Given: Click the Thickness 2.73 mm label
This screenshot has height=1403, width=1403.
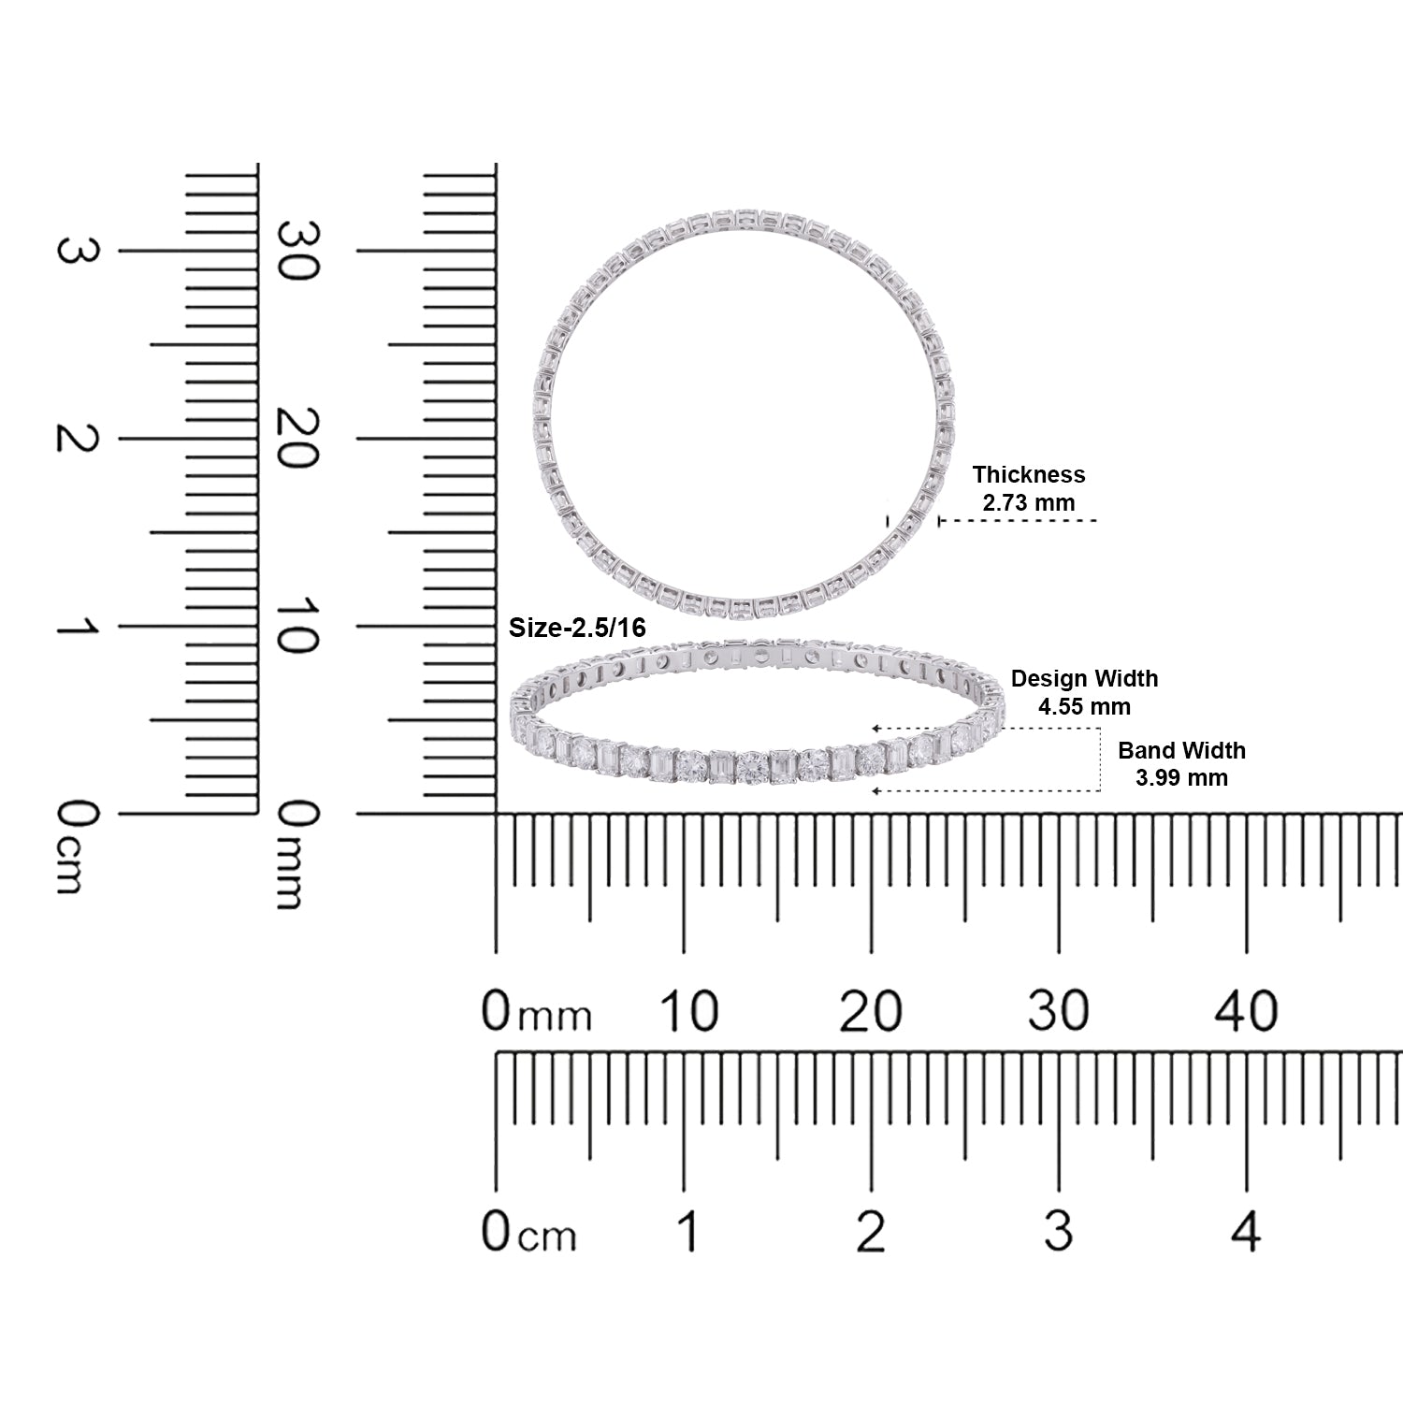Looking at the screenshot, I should (x=1028, y=488).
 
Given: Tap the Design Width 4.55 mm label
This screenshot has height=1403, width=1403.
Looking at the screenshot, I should (x=1084, y=692).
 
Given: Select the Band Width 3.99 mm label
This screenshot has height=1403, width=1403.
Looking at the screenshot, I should (x=1181, y=764).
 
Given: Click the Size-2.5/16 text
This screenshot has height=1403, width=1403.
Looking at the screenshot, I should (x=577, y=628).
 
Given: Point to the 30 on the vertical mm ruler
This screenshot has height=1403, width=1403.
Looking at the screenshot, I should (x=298, y=251).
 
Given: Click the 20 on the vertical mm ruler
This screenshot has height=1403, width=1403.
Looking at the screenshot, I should (x=298, y=439).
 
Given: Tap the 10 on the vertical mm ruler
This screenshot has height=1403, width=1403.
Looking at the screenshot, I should (x=298, y=627).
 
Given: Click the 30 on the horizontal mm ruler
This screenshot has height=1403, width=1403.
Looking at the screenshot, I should (x=1059, y=1011).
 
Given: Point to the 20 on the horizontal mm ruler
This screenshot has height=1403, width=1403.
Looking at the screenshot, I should (x=871, y=1011).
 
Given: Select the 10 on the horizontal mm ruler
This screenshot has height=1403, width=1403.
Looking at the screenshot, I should (x=688, y=1011).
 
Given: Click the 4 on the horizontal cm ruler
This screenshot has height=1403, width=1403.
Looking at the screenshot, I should (x=1246, y=1232).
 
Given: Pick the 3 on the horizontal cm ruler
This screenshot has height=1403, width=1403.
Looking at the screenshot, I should (x=1059, y=1232).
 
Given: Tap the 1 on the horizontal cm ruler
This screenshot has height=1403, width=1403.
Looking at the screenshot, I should (x=688, y=1232).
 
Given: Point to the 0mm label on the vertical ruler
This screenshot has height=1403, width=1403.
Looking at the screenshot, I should (x=298, y=855).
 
